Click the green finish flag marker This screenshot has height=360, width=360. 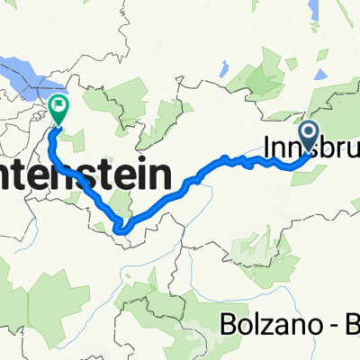[x=59, y=109]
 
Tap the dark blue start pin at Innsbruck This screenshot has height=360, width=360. [x=309, y=136]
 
